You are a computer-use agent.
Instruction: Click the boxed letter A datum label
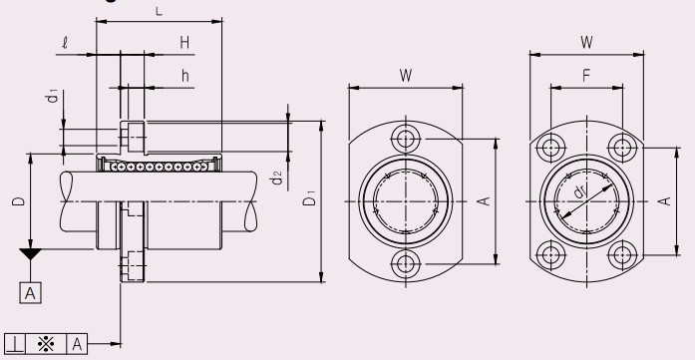pyautogui.click(x=31, y=293)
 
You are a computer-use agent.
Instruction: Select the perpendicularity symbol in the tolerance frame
pyautogui.click(x=15, y=344)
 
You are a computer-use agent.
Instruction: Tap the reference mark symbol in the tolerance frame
pyautogui.click(x=46, y=344)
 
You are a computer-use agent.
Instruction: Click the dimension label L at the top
pyautogui.click(x=160, y=12)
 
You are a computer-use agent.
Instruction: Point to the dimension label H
pyautogui.click(x=184, y=43)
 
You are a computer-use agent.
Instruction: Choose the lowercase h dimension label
pyautogui.click(x=185, y=76)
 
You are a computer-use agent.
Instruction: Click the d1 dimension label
pyautogui.click(x=53, y=96)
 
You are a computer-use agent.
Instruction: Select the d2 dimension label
pyautogui.click(x=276, y=179)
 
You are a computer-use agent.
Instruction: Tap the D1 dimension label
pyautogui.click(x=309, y=198)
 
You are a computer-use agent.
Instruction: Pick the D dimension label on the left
pyautogui.click(x=19, y=201)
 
